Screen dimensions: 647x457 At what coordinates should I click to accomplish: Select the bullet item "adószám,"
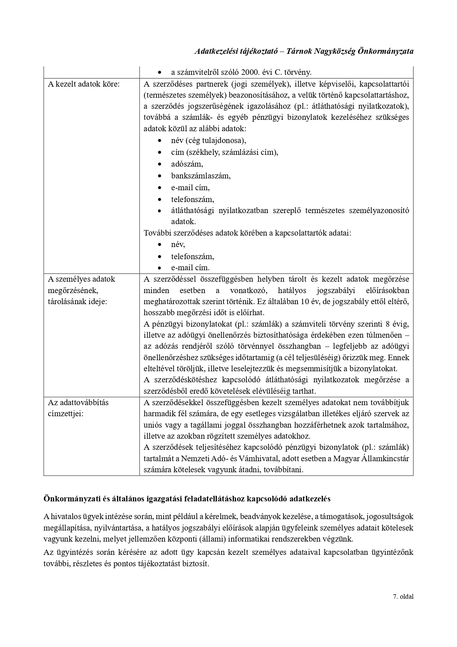[187, 164]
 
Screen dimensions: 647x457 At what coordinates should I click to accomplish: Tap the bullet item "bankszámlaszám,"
[201, 176]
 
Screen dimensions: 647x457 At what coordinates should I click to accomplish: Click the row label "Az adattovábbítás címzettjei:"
[78, 408]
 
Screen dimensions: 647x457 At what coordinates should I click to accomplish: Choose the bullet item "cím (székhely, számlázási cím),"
[224, 152]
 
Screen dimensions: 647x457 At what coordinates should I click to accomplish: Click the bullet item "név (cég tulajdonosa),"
[208, 140]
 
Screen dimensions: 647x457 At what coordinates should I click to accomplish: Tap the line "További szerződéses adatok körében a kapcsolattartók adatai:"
[247, 233]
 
